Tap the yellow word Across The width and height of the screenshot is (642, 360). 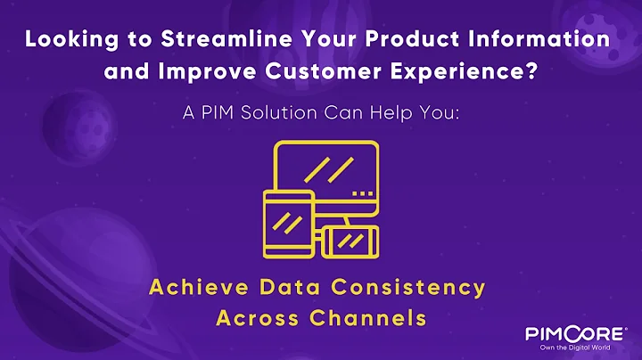(259, 316)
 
